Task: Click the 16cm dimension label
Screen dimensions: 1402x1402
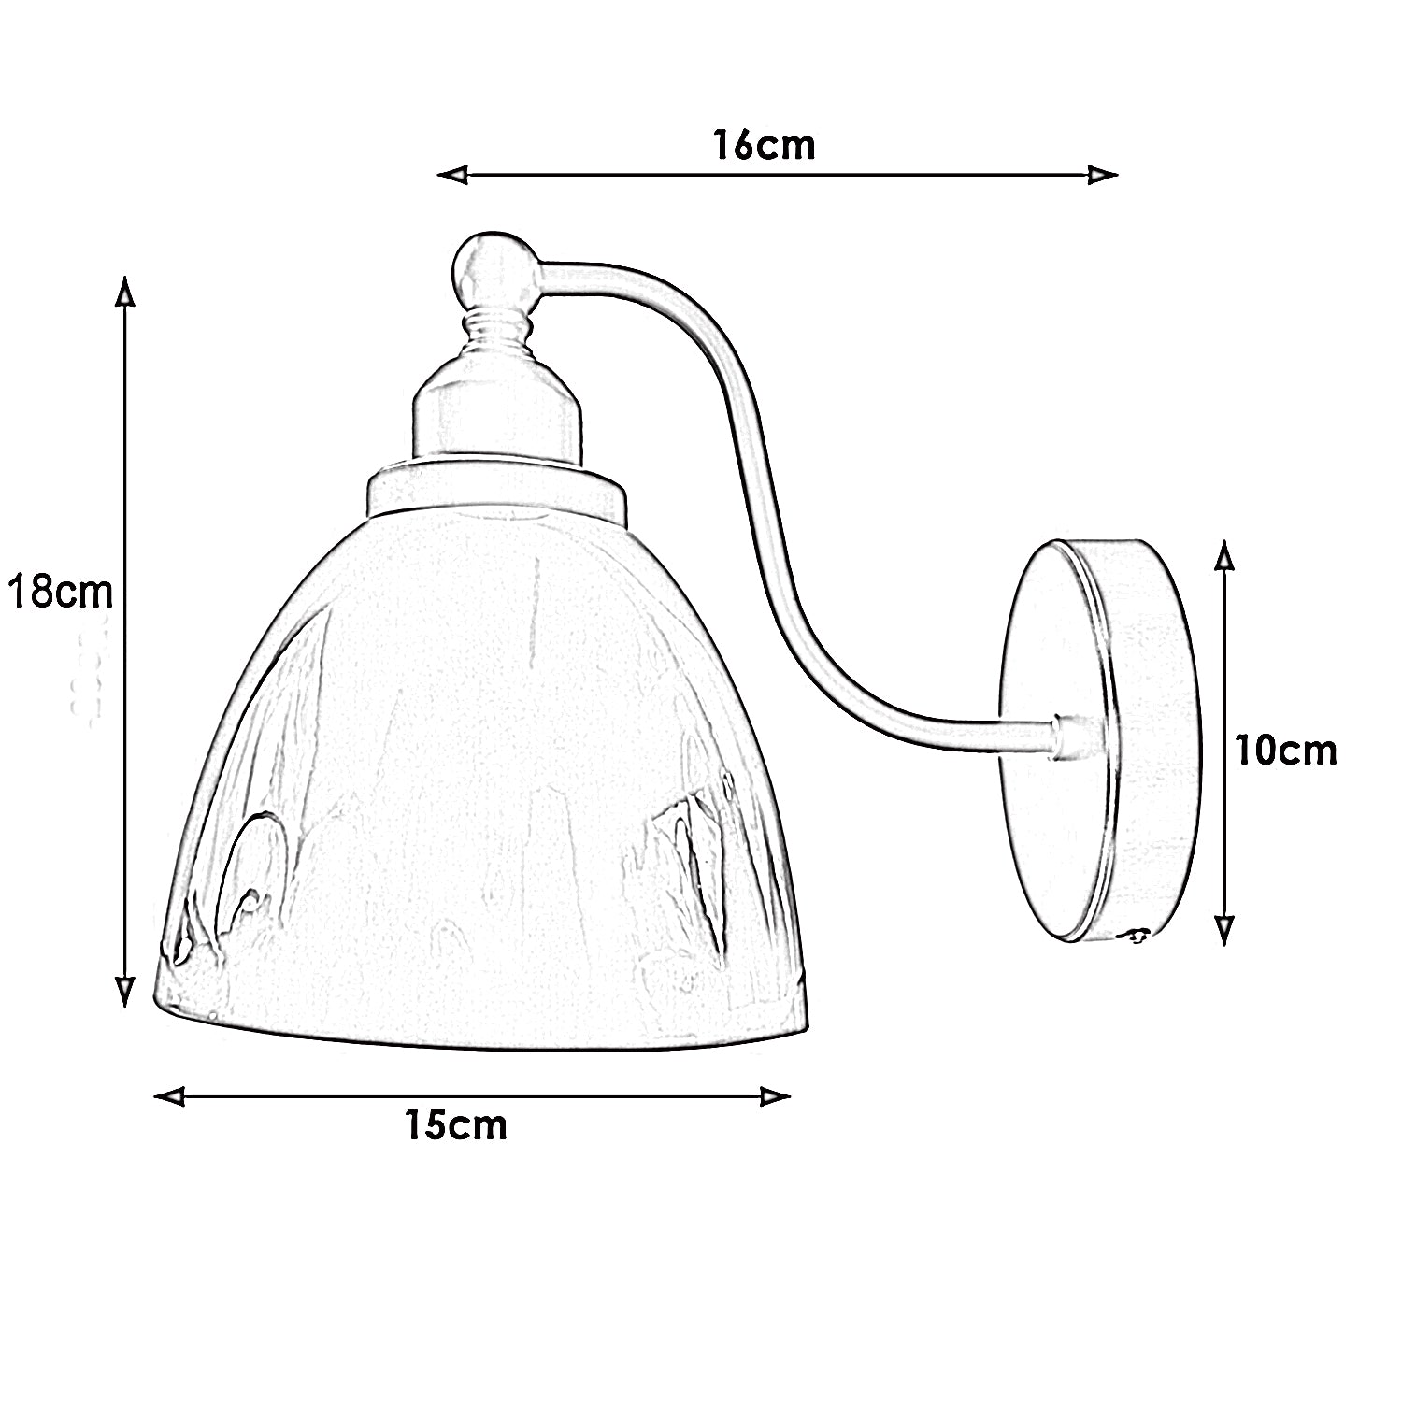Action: (x=764, y=146)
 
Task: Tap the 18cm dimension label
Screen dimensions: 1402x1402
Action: (x=60, y=592)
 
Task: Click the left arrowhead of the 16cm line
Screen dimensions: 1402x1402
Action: (x=452, y=175)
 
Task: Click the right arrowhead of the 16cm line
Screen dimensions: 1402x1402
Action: (x=1103, y=175)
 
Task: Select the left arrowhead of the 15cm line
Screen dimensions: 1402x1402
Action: (x=169, y=1096)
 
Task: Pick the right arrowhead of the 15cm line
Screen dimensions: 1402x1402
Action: (x=776, y=1096)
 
